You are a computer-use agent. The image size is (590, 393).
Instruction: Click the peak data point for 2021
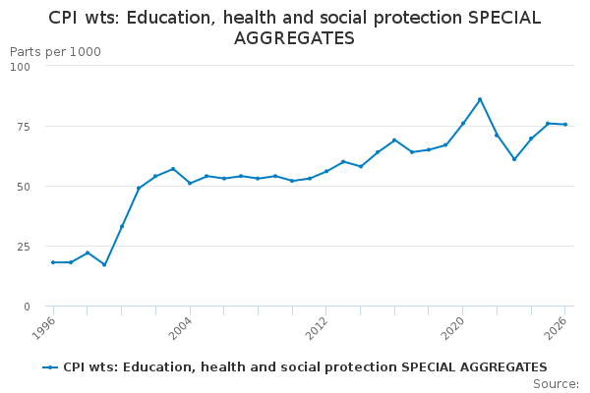[x=480, y=99]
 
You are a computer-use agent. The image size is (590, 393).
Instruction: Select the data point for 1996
[x=53, y=262]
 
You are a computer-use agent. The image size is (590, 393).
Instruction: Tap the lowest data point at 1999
[x=104, y=264]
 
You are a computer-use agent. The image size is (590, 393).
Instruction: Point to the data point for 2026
[x=565, y=125]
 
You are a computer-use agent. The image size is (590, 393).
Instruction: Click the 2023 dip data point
[x=514, y=159]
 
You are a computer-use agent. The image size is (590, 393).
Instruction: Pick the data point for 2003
[x=173, y=169]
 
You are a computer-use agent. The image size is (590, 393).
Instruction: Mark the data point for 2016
[x=394, y=140]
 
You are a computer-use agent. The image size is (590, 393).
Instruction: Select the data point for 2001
[x=139, y=188]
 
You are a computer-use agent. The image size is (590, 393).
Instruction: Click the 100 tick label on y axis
[x=20, y=67]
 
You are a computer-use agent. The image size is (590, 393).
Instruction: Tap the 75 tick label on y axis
[x=23, y=127]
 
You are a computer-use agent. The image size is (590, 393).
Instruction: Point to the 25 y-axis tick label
[x=23, y=247]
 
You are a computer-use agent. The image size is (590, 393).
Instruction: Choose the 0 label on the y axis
[x=27, y=307]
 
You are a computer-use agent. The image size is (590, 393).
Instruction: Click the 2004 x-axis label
[x=180, y=328]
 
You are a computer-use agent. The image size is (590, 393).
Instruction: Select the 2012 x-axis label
[x=317, y=328]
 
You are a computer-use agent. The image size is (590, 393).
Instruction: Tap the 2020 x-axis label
[x=453, y=328]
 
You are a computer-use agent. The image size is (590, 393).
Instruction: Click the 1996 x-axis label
[x=43, y=328]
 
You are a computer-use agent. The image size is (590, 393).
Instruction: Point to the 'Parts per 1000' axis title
[x=55, y=52]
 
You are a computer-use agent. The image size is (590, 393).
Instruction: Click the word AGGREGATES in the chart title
[x=294, y=38]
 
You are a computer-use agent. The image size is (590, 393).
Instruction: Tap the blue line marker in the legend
[x=50, y=367]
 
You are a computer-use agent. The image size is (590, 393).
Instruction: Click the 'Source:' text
[x=556, y=384]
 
